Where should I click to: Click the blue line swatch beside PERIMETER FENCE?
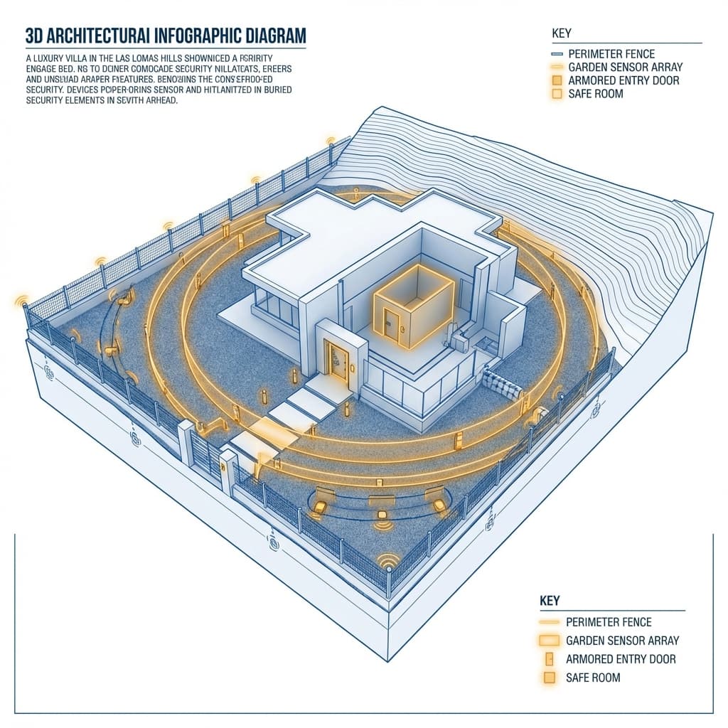[x=557, y=54]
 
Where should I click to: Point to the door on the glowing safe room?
[x=392, y=325]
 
